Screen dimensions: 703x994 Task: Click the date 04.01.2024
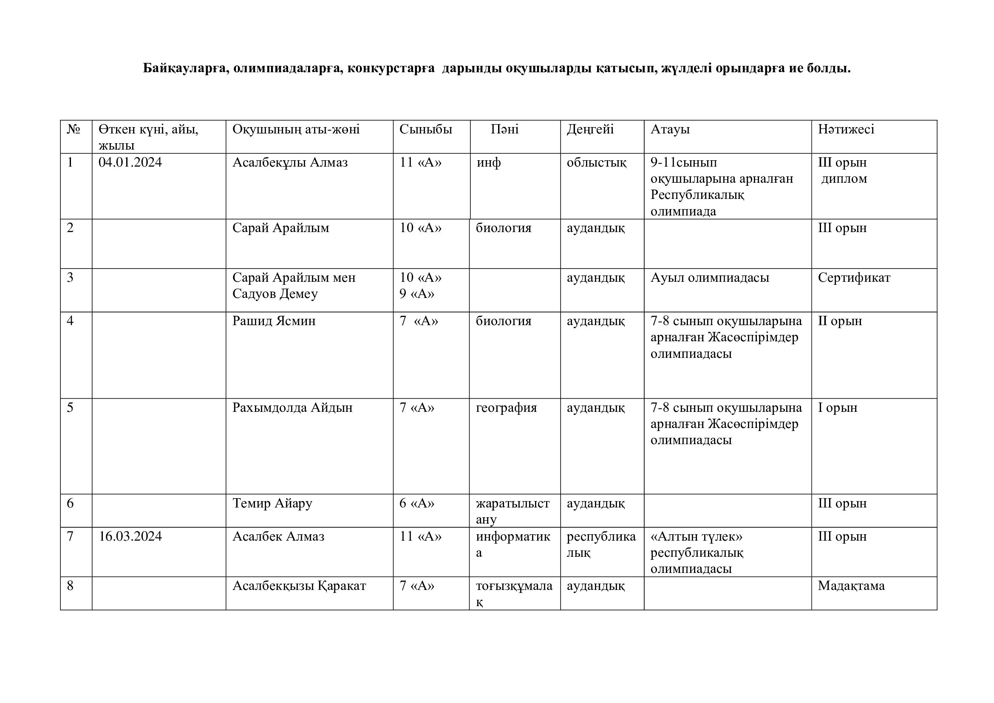click(x=130, y=163)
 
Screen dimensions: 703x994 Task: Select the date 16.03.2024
click(x=130, y=537)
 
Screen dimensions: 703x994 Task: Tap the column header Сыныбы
click(x=425, y=130)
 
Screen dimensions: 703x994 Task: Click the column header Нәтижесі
click(x=846, y=130)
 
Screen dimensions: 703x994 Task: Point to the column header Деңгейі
click(x=590, y=130)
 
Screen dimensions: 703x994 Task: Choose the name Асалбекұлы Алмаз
click(x=290, y=163)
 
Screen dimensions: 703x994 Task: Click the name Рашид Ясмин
click(x=274, y=321)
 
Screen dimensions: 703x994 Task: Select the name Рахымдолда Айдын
click(x=292, y=408)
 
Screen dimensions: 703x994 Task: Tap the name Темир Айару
click(x=272, y=503)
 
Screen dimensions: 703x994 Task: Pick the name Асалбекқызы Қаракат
click(x=299, y=586)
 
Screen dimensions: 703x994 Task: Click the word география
click(x=506, y=408)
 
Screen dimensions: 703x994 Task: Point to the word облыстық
click(x=596, y=163)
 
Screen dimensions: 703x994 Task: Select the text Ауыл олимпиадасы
click(x=710, y=278)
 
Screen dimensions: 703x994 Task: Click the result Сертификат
click(x=854, y=278)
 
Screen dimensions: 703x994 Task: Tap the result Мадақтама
click(x=851, y=586)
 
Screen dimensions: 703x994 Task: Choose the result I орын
click(x=837, y=408)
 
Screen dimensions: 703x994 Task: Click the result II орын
click(x=839, y=321)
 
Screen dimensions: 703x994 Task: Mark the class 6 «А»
click(x=416, y=503)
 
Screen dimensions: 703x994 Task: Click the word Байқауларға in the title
click(x=185, y=68)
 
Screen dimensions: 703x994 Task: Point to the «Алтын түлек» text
click(x=696, y=537)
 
